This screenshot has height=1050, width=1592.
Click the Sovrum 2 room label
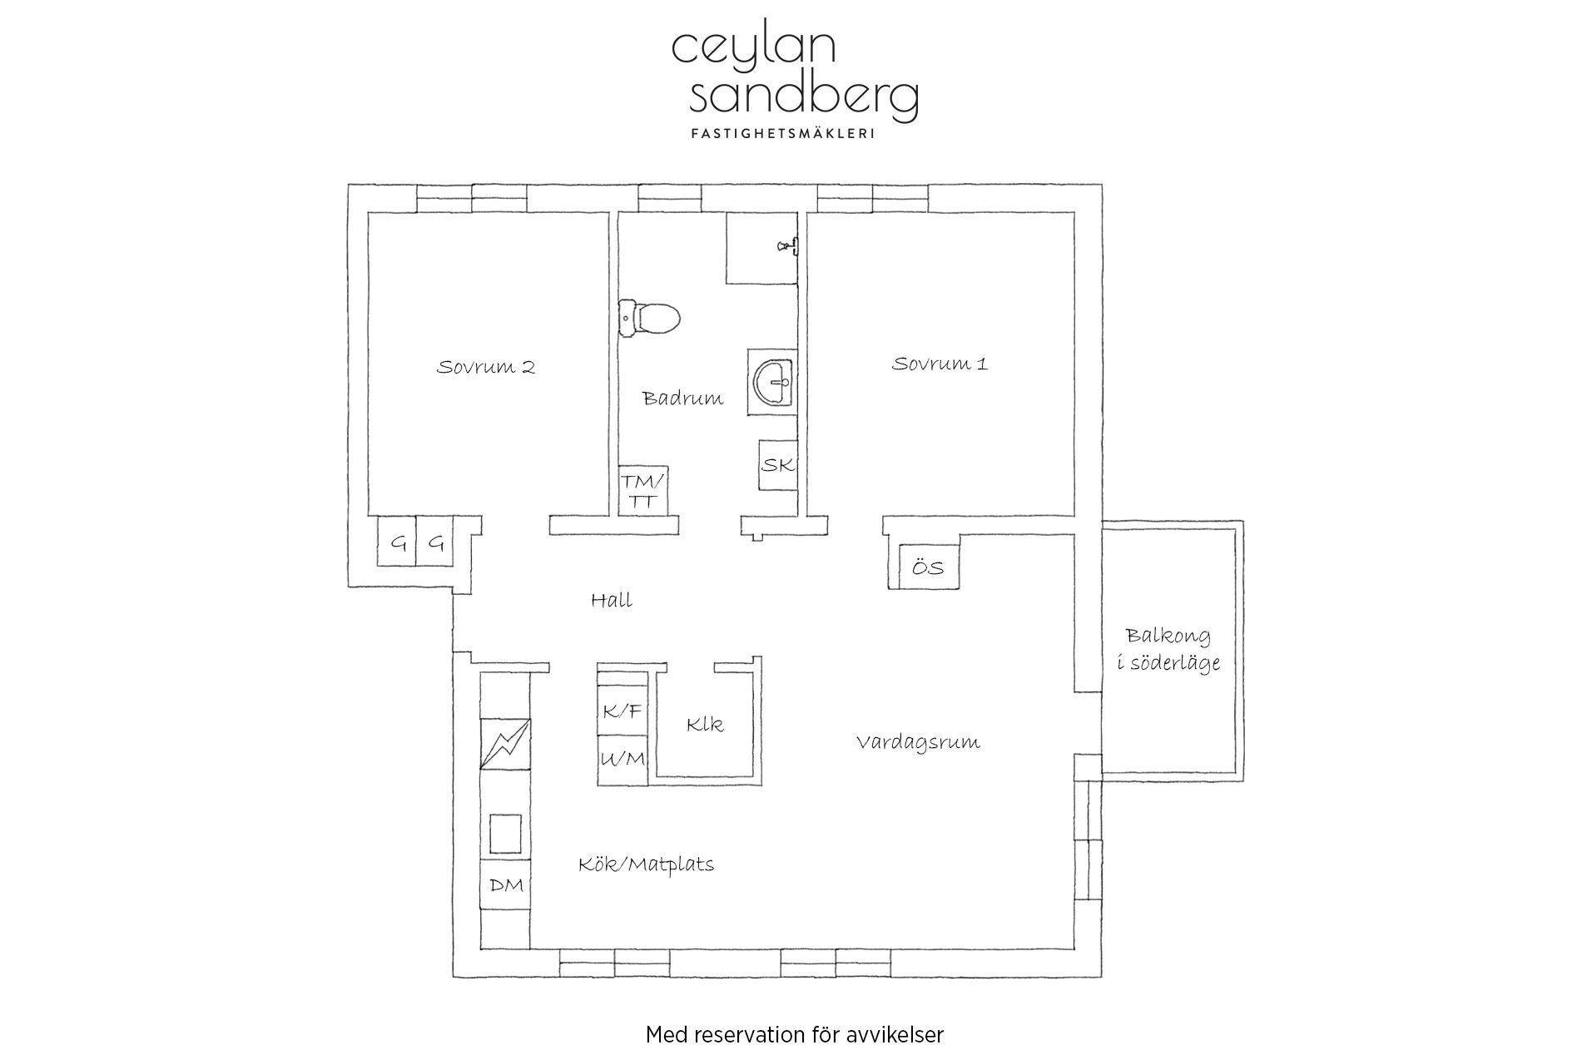[486, 367]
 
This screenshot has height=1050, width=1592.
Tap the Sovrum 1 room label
[940, 364]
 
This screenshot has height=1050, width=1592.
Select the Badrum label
[682, 399]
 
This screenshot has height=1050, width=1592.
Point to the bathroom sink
[771, 382]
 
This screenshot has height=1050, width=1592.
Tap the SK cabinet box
[778, 465]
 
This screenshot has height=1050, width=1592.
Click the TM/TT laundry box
[644, 491]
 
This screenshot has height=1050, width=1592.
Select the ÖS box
[929, 567]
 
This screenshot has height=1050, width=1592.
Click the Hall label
[612, 600]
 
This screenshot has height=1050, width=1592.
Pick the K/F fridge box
[622, 711]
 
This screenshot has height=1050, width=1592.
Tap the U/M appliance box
[622, 759]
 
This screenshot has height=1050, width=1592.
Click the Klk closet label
[705, 725]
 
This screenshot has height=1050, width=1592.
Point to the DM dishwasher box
[506, 885]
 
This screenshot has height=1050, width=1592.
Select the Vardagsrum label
[918, 742]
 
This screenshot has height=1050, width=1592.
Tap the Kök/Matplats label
[647, 864]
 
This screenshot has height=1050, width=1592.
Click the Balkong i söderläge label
[1168, 649]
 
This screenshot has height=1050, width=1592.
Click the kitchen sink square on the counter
[505, 835]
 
